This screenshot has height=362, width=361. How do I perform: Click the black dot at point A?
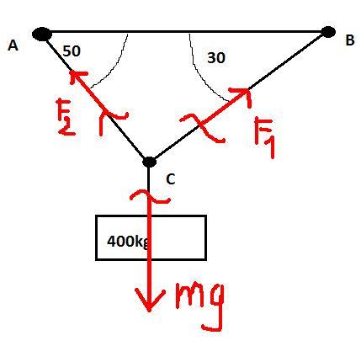42,34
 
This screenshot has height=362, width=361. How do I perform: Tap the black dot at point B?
327,32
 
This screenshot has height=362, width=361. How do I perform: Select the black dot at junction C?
149,162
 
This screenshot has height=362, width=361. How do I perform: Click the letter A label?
13,45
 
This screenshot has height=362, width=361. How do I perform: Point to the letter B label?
350,40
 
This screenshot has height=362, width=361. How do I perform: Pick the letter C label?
171,179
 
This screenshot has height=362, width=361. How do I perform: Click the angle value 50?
72,51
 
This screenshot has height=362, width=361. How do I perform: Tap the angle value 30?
216,58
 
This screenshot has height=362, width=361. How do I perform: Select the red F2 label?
66,117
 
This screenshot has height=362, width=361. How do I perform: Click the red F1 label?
264,137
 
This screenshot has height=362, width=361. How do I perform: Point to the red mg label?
199,306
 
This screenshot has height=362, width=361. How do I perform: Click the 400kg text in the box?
128,241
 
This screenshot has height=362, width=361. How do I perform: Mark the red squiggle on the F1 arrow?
202,126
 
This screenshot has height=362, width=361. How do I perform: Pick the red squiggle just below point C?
149,195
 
